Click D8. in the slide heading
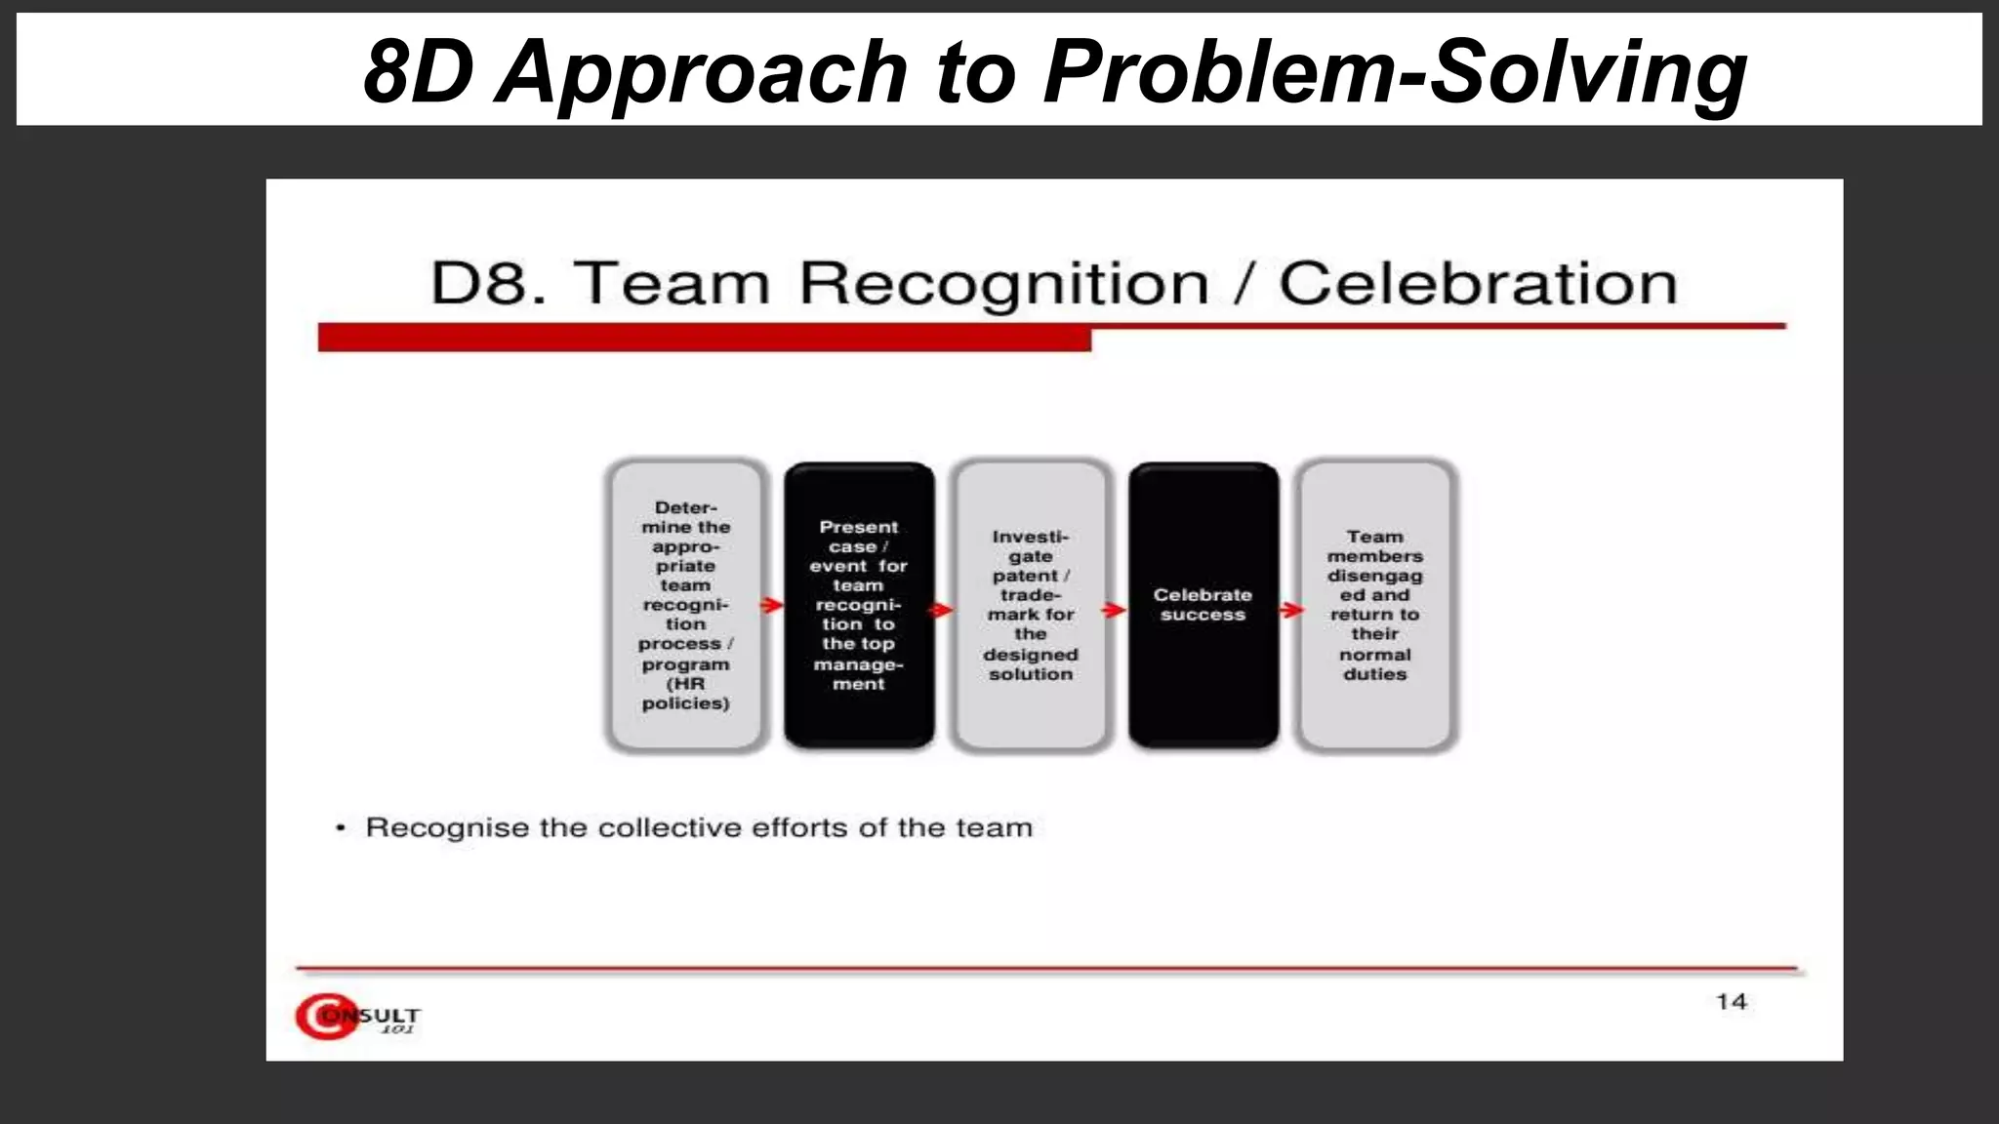tap(487, 284)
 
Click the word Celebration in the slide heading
tap(1478, 284)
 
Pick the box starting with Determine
tap(685, 605)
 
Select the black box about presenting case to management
tap(859, 605)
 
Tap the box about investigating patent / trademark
tap(1031, 605)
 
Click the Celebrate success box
tap(1203, 605)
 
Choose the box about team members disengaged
tap(1374, 605)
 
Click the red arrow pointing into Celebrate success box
tap(1114, 610)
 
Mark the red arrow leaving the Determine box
tap(772, 606)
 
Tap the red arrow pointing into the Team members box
tap(1291, 610)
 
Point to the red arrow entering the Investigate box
tap(940, 610)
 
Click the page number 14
tap(1732, 1002)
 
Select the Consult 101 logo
tap(357, 1017)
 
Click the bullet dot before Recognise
tap(341, 828)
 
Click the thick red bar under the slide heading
tap(704, 339)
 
